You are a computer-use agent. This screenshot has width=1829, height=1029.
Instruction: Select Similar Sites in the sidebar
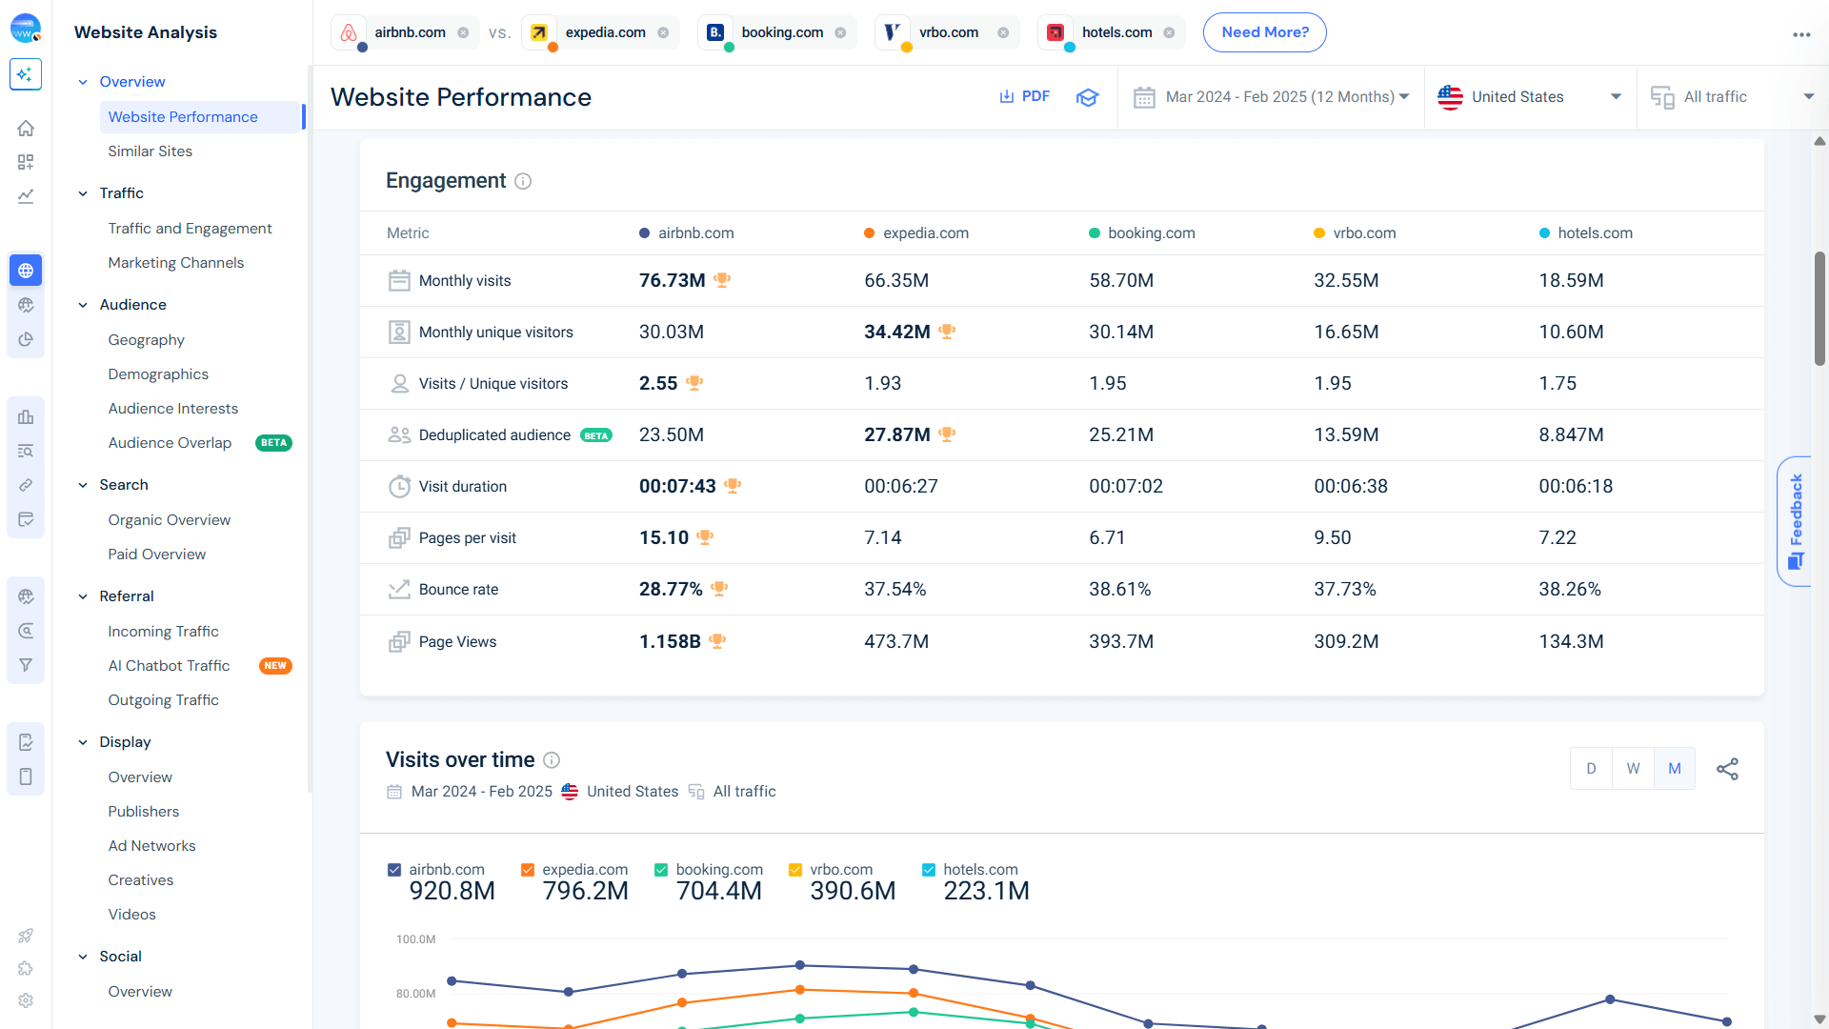click(150, 151)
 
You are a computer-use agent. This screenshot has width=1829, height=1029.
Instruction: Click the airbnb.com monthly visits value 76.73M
click(672, 280)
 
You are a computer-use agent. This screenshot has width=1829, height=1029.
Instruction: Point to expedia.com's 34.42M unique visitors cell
click(896, 332)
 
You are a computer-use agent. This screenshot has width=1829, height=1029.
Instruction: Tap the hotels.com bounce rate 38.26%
click(1569, 589)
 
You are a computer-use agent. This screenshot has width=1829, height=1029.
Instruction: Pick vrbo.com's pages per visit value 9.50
click(1332, 537)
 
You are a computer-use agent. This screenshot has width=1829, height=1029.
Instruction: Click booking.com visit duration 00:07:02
click(1125, 486)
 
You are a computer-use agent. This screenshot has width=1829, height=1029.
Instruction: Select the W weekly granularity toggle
click(1633, 768)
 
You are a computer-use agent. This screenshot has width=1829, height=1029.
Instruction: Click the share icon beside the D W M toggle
click(1726, 768)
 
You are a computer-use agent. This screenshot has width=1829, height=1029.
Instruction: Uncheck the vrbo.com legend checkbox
click(795, 869)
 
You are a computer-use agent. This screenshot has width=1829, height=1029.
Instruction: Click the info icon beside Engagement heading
click(523, 181)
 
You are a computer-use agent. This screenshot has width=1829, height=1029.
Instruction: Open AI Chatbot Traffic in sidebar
click(169, 665)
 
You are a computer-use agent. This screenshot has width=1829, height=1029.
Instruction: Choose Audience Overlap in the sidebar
click(170, 442)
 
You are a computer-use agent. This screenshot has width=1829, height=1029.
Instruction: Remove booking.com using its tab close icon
click(840, 32)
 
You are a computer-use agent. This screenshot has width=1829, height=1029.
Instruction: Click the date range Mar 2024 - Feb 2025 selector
click(1272, 96)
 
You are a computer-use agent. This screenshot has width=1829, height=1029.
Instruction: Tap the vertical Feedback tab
click(1795, 520)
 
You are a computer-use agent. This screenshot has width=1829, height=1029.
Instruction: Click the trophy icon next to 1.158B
click(717, 641)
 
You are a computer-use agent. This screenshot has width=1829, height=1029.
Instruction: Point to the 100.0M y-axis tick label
click(415, 938)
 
